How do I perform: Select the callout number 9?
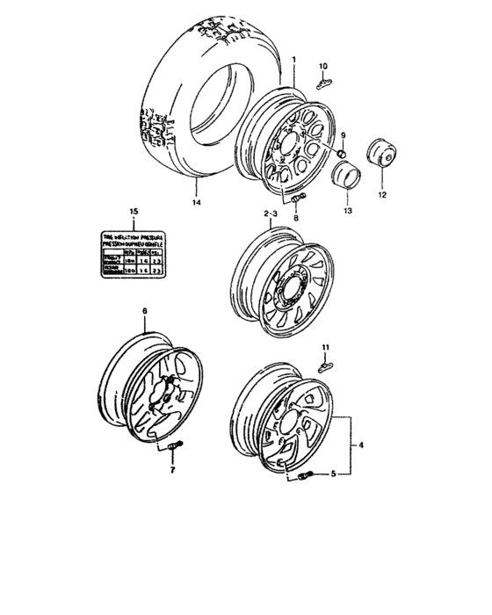(344, 134)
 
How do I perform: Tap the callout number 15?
(133, 212)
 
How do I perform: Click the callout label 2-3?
(271, 213)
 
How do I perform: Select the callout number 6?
(146, 311)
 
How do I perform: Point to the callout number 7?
(171, 471)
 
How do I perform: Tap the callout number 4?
(360, 445)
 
